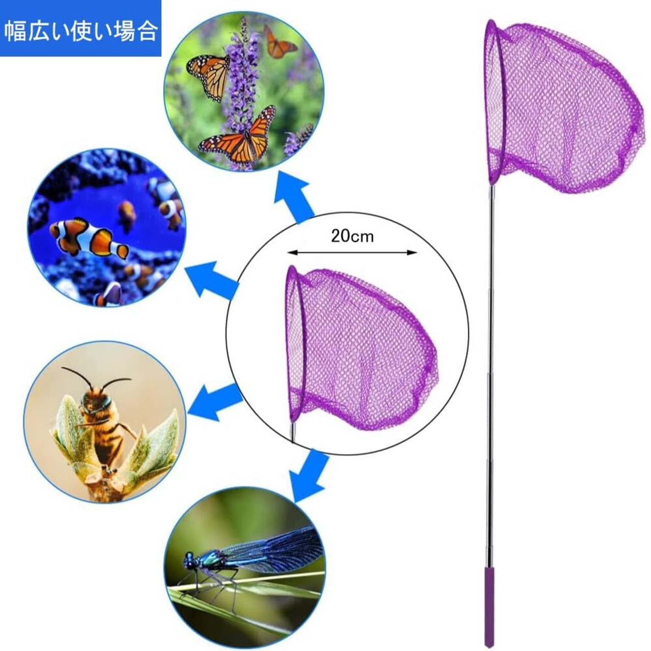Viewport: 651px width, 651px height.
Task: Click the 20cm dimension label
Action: [352, 236]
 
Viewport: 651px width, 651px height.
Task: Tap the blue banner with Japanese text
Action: [80, 28]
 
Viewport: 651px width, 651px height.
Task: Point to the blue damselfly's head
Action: [190, 561]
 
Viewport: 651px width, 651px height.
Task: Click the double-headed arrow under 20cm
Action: [352, 252]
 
